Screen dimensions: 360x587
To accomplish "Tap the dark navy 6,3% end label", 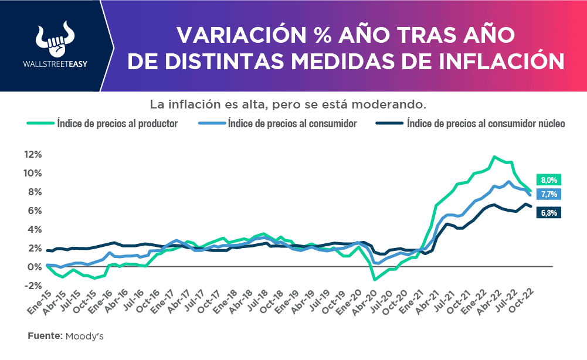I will click(x=549, y=213).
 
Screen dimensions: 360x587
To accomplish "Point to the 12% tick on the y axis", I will click(x=32, y=154).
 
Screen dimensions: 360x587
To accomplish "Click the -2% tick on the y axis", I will click(x=32, y=286).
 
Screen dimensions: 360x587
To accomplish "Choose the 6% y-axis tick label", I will click(x=34, y=210).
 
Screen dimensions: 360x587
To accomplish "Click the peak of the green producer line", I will click(x=494, y=157).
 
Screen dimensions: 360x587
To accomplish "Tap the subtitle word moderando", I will click(x=396, y=105).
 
